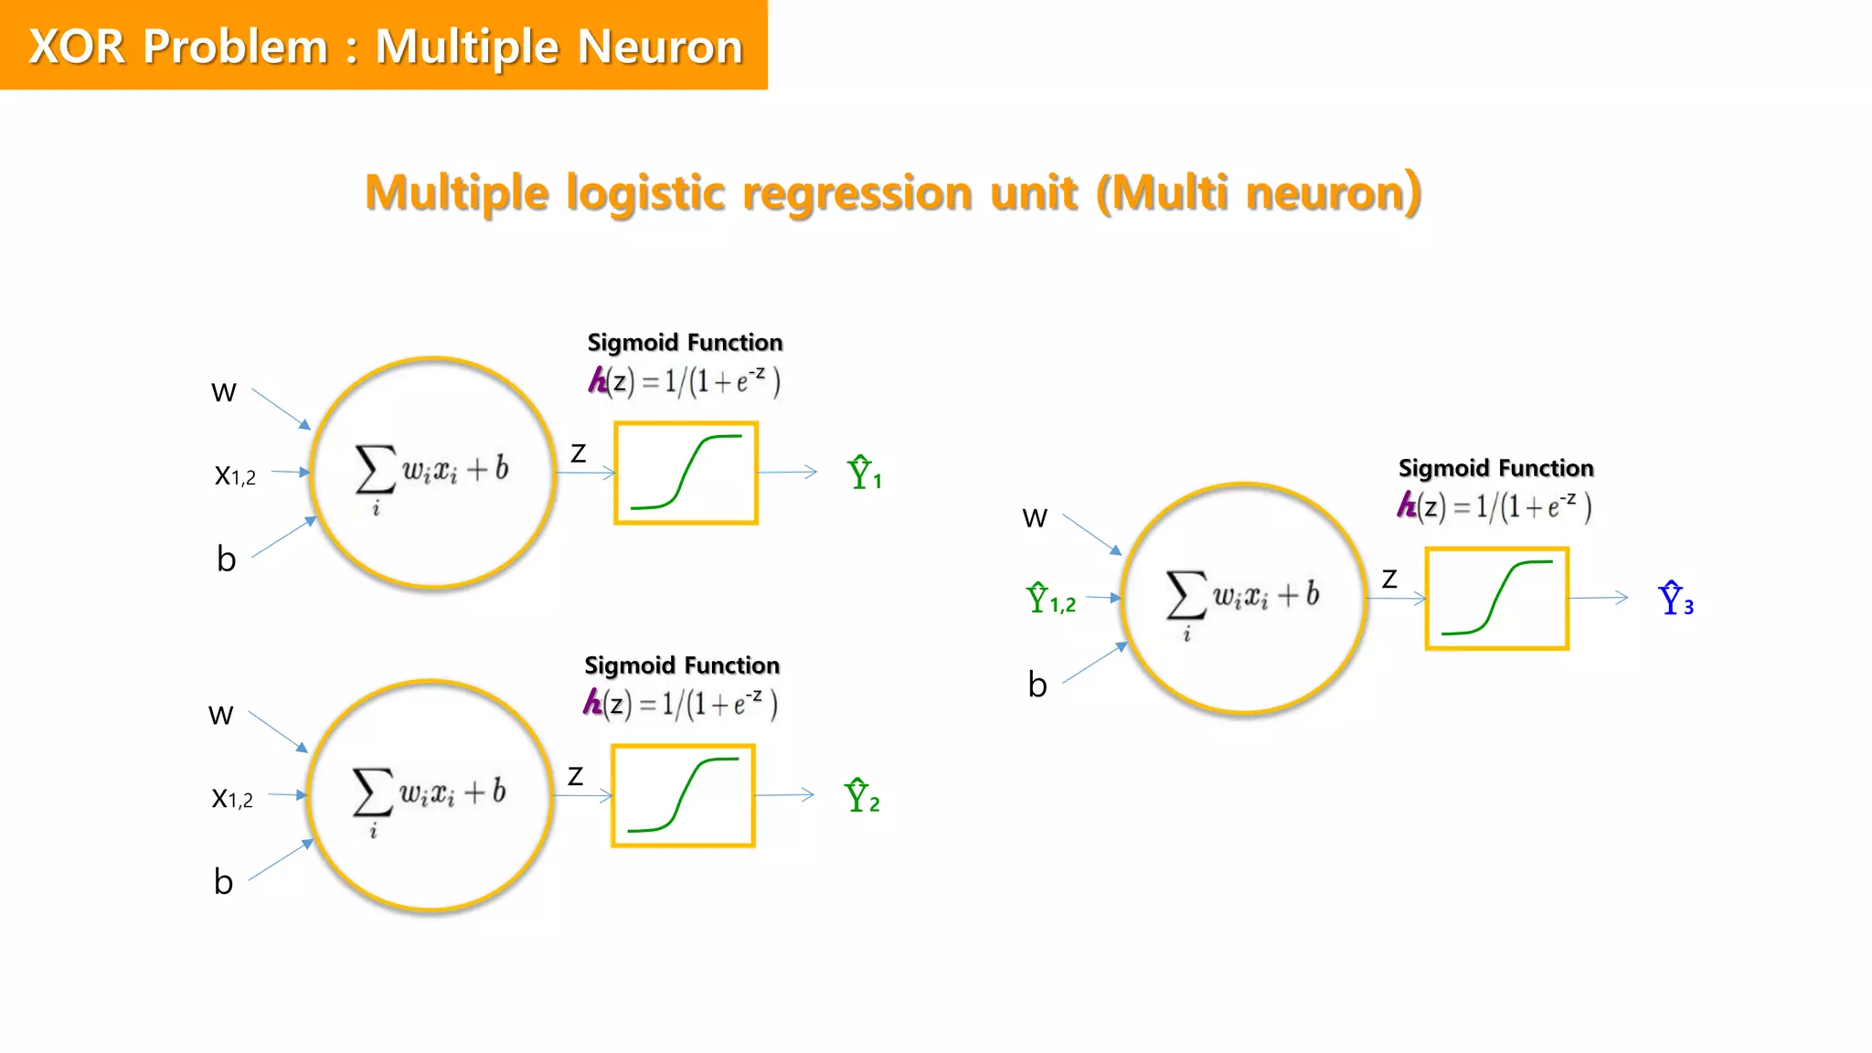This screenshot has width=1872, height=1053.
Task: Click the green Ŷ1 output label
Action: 864,473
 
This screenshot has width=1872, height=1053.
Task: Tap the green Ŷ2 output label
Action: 861,796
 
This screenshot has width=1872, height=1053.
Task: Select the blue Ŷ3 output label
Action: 1675,600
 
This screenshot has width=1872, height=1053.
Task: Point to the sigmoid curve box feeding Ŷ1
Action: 686,473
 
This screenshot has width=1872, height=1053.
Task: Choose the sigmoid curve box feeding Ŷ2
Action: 683,795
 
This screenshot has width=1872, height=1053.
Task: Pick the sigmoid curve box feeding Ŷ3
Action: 1497,599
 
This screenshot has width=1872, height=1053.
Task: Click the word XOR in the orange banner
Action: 77,46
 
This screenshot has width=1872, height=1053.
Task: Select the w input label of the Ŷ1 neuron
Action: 224,392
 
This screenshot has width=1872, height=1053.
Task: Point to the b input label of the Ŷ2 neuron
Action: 223,882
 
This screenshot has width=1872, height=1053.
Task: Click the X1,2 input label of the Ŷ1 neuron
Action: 235,475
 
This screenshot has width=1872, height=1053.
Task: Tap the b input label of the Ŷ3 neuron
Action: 1037,685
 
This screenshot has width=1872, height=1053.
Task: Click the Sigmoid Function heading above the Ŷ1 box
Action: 685,343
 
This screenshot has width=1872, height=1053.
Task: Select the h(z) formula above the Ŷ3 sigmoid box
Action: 1494,505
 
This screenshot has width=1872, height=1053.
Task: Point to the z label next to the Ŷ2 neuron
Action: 575,776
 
